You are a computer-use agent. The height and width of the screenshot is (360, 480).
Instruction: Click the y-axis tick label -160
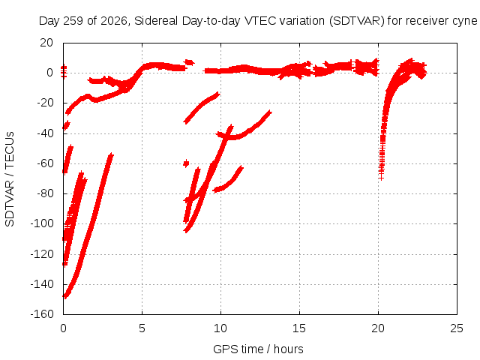coord(42,314)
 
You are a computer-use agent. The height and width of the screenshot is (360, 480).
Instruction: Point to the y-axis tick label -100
coord(42,223)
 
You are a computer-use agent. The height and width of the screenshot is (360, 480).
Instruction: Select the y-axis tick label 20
coord(46,43)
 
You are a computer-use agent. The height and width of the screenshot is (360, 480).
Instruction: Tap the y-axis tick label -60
coord(45,163)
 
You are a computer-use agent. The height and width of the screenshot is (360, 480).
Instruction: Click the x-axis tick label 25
coord(457,328)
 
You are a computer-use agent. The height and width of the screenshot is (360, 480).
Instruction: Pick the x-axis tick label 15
coord(299,328)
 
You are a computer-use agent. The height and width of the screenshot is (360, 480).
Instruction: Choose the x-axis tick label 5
coord(142,328)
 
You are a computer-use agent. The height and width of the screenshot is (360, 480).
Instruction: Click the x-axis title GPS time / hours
coord(258,349)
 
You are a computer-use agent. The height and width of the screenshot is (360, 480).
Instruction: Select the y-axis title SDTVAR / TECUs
coord(10,179)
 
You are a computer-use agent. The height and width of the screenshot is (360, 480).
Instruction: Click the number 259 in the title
coord(73,21)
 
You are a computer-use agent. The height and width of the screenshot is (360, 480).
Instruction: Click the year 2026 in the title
coord(114,21)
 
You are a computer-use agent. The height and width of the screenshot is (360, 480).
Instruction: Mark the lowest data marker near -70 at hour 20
coord(381,178)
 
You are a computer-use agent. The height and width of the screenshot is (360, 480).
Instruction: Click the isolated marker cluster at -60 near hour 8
coord(186,163)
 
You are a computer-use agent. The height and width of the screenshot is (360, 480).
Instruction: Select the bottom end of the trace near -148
coord(64,296)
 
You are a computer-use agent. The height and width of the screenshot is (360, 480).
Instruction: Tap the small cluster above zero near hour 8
coord(189,62)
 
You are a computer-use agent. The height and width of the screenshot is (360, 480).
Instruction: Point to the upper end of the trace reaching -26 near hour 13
coord(270,112)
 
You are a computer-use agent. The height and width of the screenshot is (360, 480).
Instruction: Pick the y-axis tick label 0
coord(50,73)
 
